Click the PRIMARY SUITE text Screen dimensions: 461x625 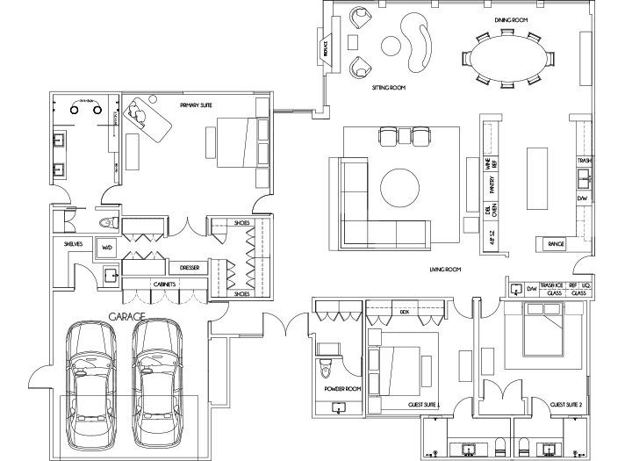(197, 105)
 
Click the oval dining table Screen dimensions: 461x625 (506, 60)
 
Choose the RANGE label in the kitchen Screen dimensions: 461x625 (555, 244)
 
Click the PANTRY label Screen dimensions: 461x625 (492, 185)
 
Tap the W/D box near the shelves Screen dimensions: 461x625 (107, 248)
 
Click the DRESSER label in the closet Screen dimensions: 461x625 (190, 267)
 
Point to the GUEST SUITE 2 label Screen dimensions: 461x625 (569, 405)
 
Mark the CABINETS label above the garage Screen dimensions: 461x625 (164, 285)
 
